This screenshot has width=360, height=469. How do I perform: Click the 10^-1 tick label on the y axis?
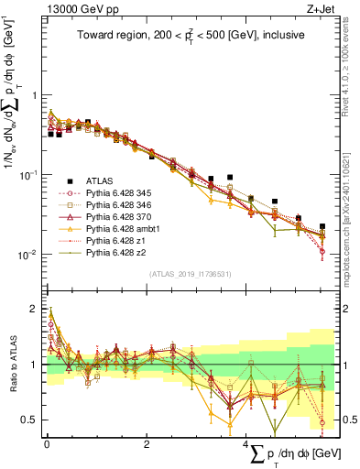point(28,174)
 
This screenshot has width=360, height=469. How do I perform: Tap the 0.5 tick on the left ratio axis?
point(30,420)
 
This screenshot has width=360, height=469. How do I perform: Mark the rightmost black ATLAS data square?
point(322,225)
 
